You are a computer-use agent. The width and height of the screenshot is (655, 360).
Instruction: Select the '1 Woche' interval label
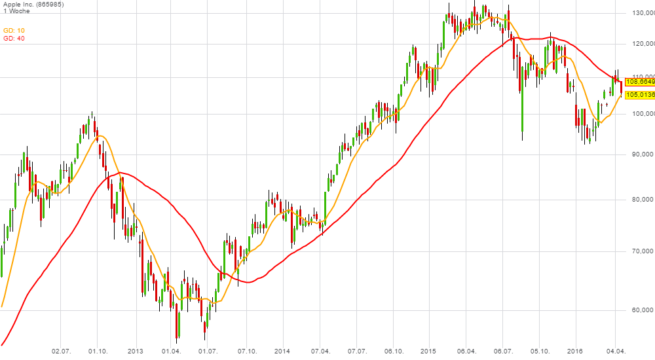16,11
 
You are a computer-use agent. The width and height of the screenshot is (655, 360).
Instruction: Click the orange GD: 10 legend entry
14,30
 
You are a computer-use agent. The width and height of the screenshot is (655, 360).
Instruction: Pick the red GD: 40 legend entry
14,38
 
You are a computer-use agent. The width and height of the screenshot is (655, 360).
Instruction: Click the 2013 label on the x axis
135,351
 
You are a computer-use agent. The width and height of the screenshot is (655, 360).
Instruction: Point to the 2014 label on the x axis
282,351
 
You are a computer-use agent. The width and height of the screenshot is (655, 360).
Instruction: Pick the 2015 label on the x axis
428,351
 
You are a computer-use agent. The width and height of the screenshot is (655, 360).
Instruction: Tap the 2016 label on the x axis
574,351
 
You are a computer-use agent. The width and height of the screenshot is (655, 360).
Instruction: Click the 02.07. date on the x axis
61,351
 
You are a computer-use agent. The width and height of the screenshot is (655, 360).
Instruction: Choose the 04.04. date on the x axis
616,351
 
